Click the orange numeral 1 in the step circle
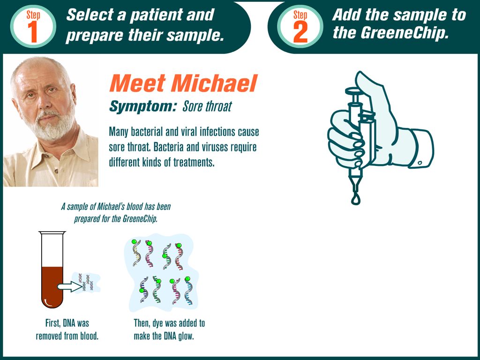[33, 31]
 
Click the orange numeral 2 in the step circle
[300, 31]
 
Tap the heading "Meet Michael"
[183, 83]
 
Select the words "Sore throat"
[207, 106]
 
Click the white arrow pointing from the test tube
[70, 286]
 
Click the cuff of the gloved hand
[422, 149]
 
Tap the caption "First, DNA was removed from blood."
[67, 330]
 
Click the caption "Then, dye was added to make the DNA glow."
[169, 330]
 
